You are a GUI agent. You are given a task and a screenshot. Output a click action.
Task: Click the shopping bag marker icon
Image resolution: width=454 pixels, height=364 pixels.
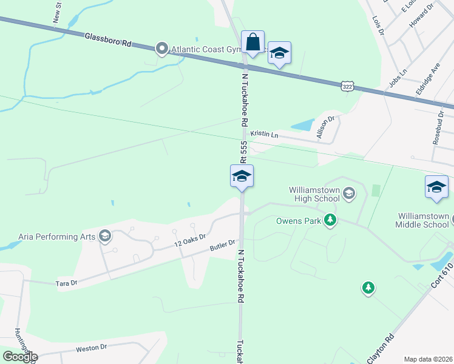point(253,43)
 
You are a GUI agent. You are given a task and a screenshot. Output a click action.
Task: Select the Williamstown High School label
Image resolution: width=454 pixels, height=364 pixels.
point(305,194)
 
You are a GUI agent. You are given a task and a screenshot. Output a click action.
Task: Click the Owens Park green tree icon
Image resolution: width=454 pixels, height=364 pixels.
point(330,220)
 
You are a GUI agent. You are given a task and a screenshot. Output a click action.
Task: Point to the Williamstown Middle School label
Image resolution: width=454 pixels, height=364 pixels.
point(423,220)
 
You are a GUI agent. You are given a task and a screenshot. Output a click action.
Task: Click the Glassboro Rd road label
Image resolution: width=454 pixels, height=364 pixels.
point(108,40)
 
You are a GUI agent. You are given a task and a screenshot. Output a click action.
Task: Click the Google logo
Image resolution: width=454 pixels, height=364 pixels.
point(20,357)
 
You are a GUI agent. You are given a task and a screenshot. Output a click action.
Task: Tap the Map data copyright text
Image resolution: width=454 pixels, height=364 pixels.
point(429,359)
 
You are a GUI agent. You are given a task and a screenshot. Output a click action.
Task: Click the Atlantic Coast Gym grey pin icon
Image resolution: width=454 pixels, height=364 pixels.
point(162,49)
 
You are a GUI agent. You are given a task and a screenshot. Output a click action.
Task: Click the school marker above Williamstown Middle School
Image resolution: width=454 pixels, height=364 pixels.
point(436,187)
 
